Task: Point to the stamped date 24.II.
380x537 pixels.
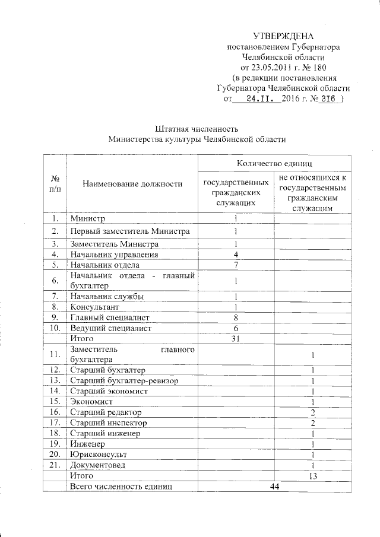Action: tap(260, 99)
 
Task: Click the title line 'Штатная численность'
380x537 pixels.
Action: tap(197, 129)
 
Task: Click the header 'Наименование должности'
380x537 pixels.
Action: tap(132, 184)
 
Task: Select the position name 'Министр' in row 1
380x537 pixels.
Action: tap(87, 219)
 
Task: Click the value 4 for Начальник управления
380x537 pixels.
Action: tap(236, 255)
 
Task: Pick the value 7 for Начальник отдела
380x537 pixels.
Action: tap(236, 265)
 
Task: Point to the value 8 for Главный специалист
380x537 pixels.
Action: tap(236, 317)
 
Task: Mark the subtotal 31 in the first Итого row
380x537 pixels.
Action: tap(236, 338)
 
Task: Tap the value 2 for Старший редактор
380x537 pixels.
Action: tap(312, 412)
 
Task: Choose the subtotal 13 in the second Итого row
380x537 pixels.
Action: tap(312, 476)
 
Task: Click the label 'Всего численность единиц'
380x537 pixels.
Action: tap(121, 487)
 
